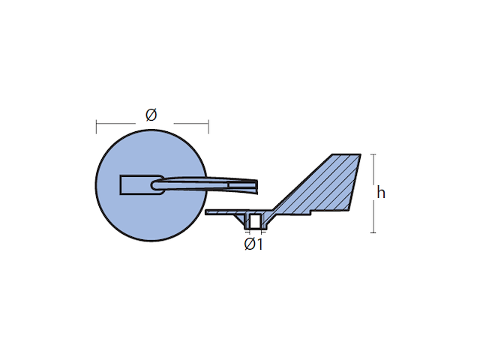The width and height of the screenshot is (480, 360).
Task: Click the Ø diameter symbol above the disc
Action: tap(151, 115)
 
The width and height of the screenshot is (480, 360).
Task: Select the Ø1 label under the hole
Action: tap(253, 244)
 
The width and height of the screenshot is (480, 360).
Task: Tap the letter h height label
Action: tap(381, 193)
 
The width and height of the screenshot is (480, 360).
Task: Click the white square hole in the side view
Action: tap(255, 221)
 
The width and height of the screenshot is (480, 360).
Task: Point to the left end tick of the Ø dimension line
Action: tap(97, 127)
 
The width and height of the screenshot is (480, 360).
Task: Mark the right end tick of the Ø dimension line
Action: tap(208, 127)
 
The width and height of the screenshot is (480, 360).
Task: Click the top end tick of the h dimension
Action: tap(373, 154)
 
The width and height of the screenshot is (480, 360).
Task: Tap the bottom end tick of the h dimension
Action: tap(373, 232)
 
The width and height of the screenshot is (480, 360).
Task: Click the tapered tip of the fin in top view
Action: tap(256, 187)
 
